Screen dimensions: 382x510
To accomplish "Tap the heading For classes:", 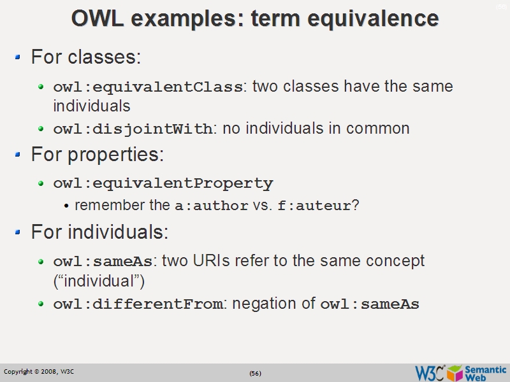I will (x=85, y=57).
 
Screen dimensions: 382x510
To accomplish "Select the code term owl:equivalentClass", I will (x=148, y=87).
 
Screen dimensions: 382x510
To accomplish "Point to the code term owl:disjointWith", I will (x=133, y=129).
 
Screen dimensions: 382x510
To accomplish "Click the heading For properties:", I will (x=98, y=155).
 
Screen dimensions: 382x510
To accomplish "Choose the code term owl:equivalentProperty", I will (x=163, y=183).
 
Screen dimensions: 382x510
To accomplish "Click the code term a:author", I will (x=211, y=206).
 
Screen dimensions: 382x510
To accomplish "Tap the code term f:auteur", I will (x=314, y=206).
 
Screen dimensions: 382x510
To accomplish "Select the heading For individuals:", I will (x=99, y=232).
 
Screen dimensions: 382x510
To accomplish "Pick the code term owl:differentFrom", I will (x=138, y=304).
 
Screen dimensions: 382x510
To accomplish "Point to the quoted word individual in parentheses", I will (x=99, y=281).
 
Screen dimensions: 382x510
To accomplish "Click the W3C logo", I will (x=430, y=372).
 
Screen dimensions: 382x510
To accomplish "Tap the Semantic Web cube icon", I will (x=455, y=372).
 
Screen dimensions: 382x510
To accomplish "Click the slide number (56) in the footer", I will (x=255, y=373).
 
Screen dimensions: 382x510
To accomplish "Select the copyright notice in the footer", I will (x=39, y=372).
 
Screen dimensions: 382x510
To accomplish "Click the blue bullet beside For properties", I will (x=18, y=155).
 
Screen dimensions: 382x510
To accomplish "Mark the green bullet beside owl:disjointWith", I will (x=41, y=129).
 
